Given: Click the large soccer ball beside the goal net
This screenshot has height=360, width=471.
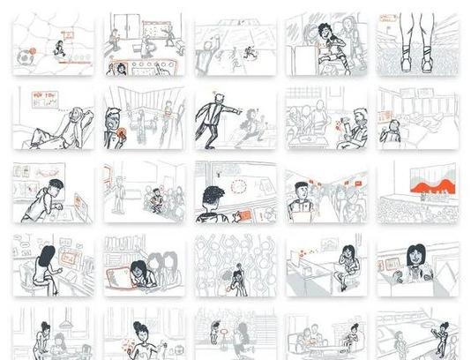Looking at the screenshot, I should (x=23, y=58).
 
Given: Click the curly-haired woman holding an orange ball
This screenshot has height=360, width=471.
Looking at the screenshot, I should (x=325, y=41).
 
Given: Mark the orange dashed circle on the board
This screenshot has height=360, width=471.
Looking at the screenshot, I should (x=238, y=186).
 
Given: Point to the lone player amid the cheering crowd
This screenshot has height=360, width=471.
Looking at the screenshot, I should (x=235, y=281).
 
